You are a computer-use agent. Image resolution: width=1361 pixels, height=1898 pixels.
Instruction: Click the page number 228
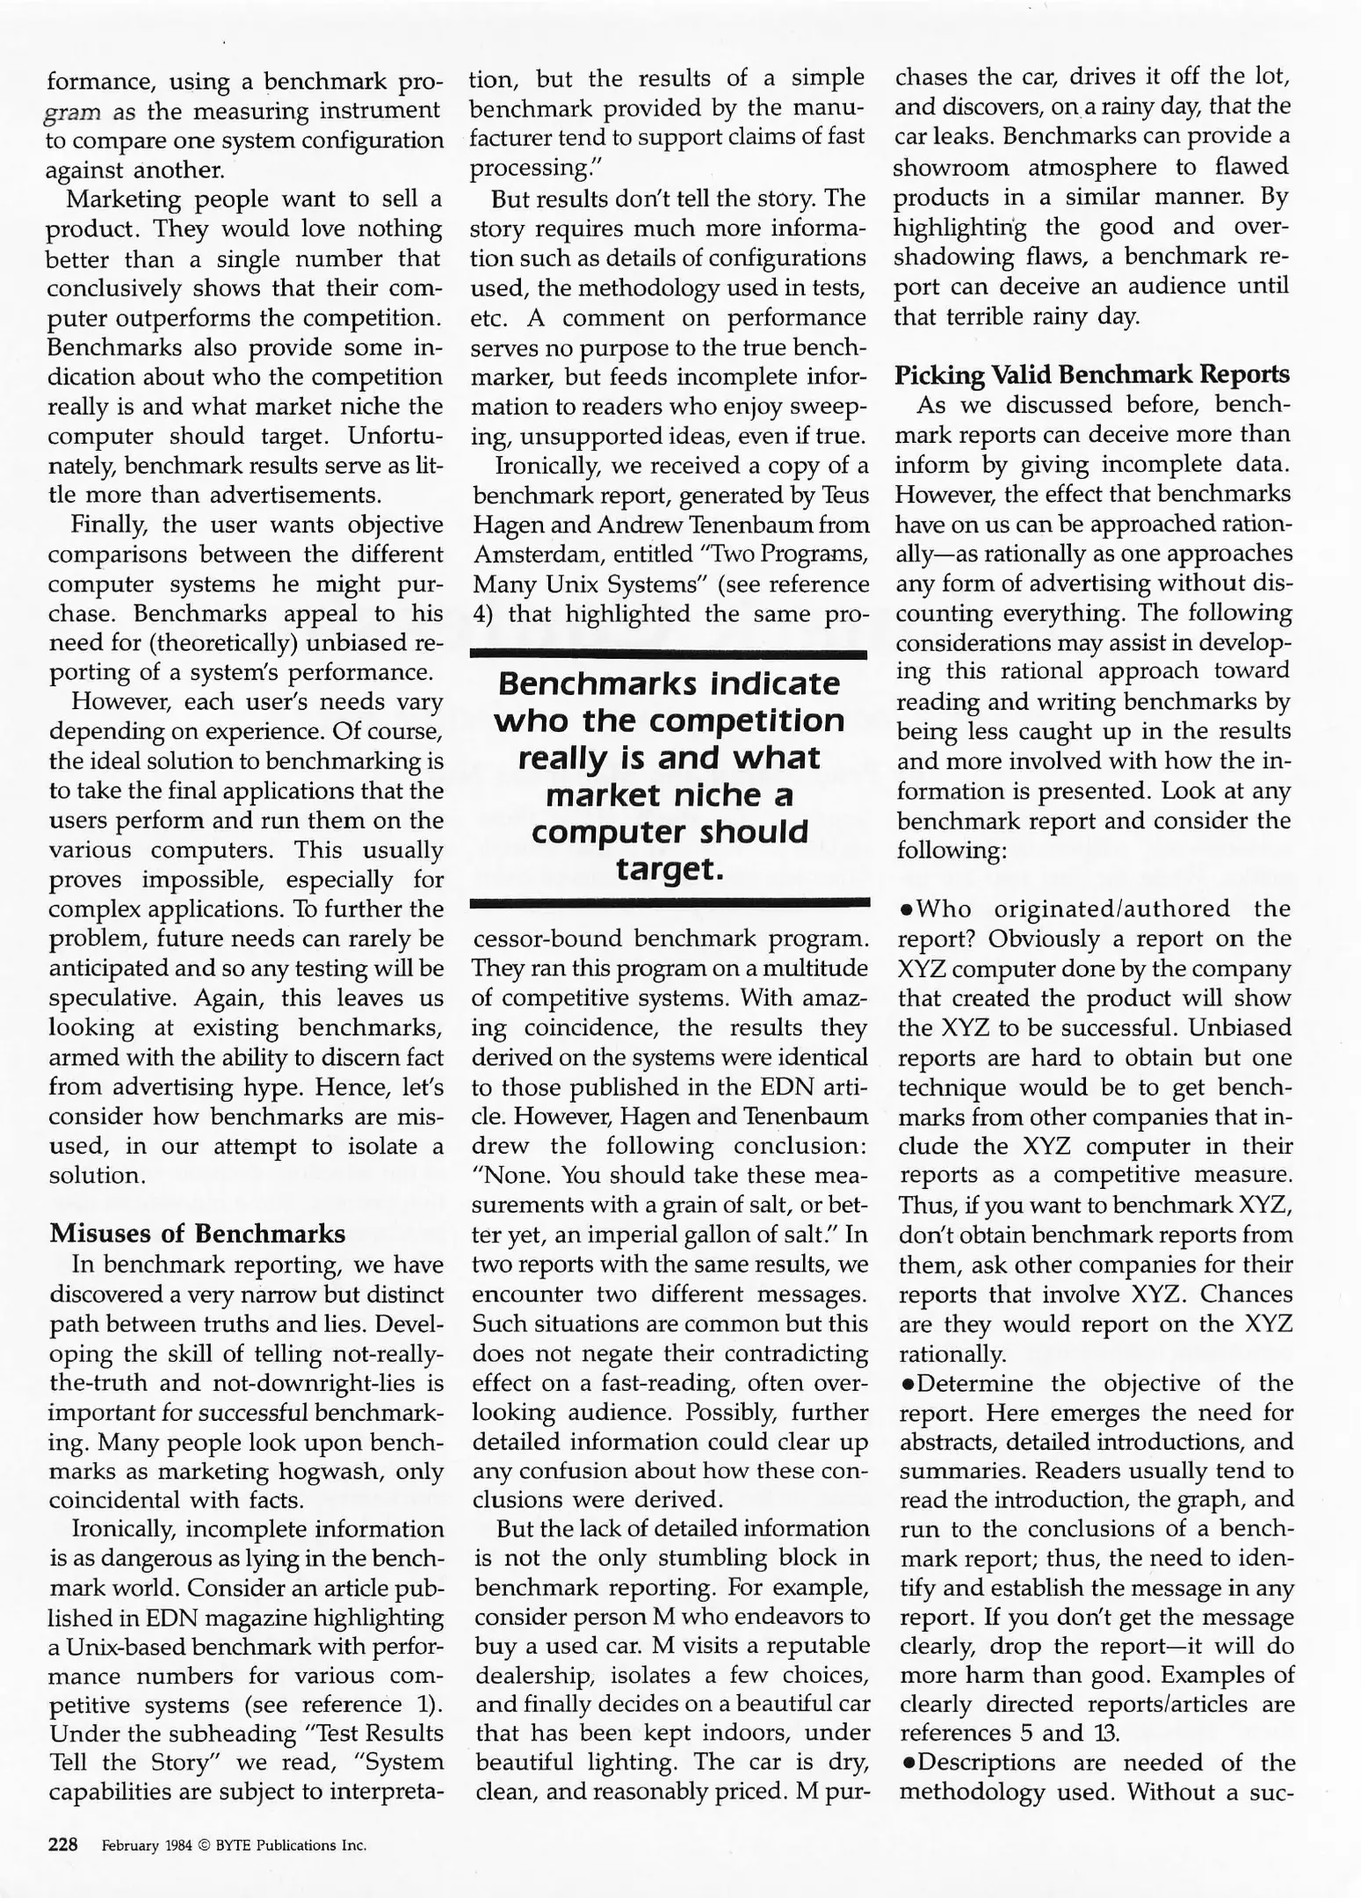tap(63, 1844)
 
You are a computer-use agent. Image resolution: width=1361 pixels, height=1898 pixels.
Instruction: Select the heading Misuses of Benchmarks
tap(198, 1234)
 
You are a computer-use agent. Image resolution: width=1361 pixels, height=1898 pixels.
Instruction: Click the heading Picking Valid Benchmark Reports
tap(1092, 375)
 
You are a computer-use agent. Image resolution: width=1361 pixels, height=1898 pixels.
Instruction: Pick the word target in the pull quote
tap(669, 869)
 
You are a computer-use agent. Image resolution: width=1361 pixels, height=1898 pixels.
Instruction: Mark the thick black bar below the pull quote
tap(669, 902)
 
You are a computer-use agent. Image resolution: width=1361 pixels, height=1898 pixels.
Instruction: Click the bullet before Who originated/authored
tap(905, 910)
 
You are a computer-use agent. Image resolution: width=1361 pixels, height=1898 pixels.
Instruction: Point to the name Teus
tap(844, 496)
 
